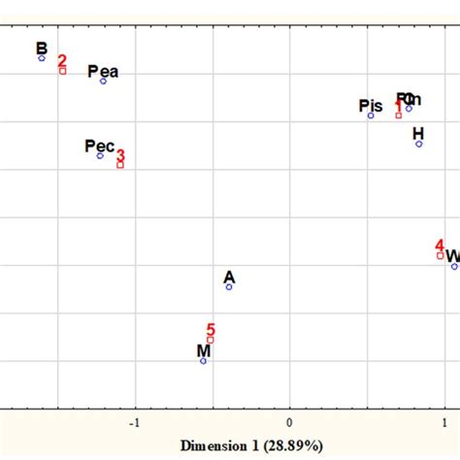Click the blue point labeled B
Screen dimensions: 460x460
[x=42, y=58]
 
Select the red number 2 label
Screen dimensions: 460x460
[x=62, y=60]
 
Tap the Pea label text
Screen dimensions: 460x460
[x=103, y=71]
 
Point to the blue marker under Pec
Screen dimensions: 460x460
[x=100, y=155]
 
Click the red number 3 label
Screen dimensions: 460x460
[x=120, y=155]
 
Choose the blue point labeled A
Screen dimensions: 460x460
[x=229, y=286]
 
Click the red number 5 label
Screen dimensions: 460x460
[x=211, y=330]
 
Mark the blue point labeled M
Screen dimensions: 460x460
[x=203, y=361]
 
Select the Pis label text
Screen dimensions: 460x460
[x=371, y=105]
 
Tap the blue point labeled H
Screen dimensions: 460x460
[x=419, y=144]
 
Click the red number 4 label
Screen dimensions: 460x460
[x=440, y=246]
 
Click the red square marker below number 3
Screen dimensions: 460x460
[x=120, y=165]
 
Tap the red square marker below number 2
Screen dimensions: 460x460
[x=62, y=70]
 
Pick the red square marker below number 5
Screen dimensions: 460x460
[x=210, y=340]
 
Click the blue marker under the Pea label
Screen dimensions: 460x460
[x=103, y=81]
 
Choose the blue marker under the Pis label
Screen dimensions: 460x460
[x=371, y=115]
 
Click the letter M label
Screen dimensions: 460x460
[x=204, y=350]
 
